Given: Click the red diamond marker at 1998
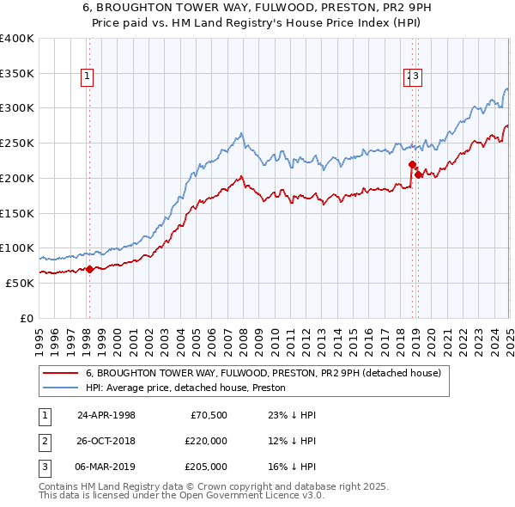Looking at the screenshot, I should coord(89,269).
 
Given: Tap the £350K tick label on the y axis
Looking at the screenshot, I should coord(17,73).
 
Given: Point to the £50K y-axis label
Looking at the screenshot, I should coord(21,283).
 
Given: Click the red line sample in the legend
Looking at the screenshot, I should coord(60,374).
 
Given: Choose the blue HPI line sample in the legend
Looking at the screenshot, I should coord(60,388).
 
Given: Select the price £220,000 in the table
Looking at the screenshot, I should coord(206,441).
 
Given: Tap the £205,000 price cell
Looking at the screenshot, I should coord(206,467).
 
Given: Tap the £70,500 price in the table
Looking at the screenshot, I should coord(209,415).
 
